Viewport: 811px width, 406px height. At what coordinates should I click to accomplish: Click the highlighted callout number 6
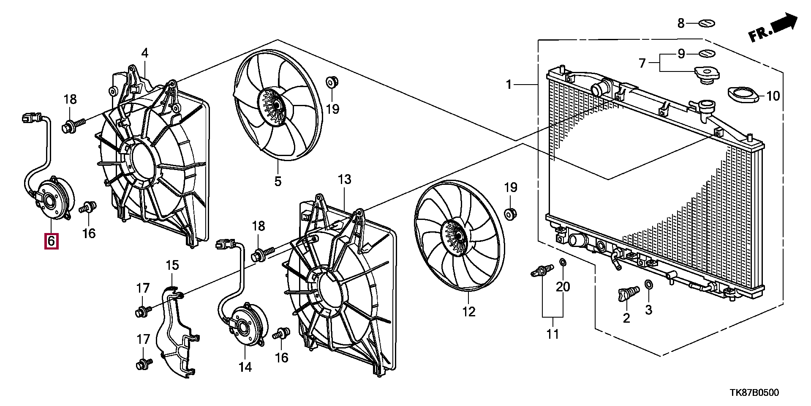pos(52,241)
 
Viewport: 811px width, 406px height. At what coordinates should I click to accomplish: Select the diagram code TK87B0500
pos(754,392)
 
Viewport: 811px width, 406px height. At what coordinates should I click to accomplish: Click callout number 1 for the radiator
pos(509,85)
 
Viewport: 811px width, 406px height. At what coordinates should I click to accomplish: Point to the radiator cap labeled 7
pos(707,75)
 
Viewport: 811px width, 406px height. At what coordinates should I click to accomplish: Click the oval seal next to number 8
pos(707,24)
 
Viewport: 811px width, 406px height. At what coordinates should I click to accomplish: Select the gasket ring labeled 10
pos(743,94)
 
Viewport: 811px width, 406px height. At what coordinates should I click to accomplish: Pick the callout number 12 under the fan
pos(469,312)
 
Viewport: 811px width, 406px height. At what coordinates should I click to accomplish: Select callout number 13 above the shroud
pos(345,179)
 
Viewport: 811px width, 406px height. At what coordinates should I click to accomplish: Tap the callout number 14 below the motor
pos(245,367)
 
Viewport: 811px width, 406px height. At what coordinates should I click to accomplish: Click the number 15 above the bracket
pos(172,266)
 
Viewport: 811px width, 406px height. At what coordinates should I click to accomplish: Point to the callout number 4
pos(145,53)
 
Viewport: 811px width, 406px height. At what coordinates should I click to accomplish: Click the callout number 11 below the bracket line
pos(552,334)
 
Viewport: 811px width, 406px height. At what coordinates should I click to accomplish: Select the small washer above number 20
pos(563,263)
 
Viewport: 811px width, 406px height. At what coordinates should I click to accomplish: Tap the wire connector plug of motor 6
pos(31,117)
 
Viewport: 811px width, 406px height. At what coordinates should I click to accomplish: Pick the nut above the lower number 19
pos(511,214)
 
